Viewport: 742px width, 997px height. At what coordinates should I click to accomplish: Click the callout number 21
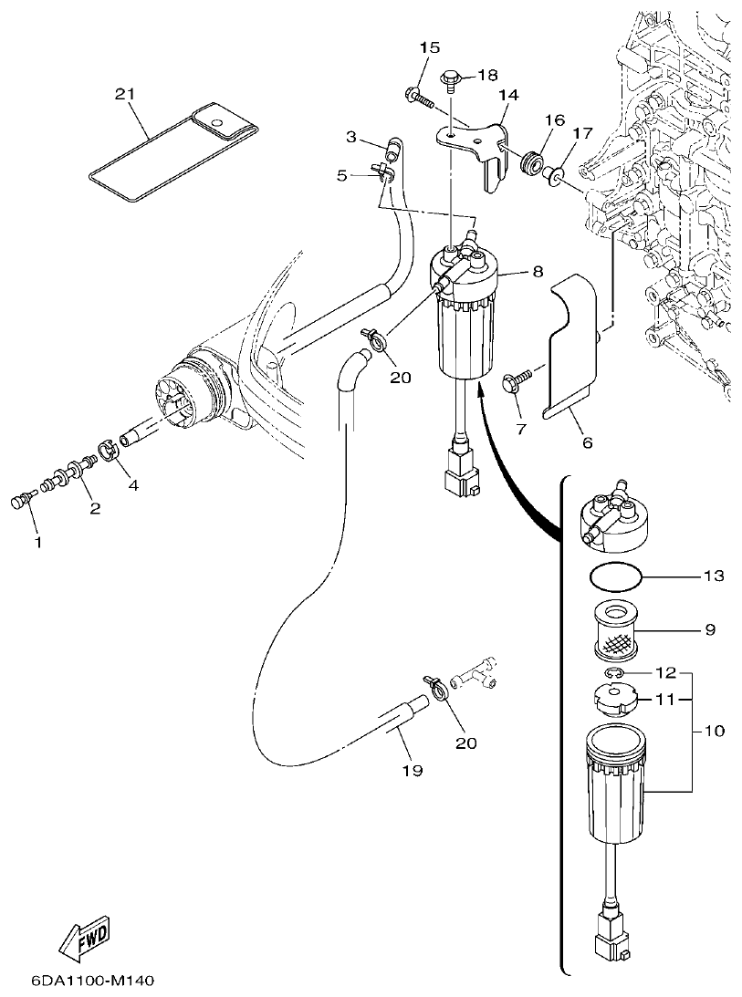point(126,94)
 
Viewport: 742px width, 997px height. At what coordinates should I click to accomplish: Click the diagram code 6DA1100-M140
point(80,981)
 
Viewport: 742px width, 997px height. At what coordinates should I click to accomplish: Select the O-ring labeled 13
point(614,576)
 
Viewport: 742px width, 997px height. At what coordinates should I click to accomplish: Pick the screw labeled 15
point(417,94)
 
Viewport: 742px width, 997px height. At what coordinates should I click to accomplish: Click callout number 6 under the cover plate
point(587,442)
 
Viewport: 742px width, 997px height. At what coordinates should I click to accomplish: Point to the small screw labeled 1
point(25,500)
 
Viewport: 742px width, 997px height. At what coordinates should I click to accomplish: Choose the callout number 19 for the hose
point(412,771)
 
